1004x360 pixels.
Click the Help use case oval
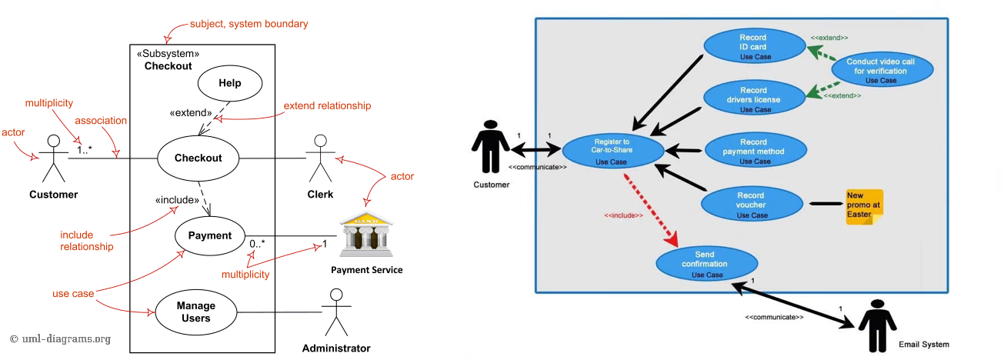tap(230, 84)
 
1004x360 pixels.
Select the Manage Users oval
tap(195, 312)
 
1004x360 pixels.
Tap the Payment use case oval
tap(209, 235)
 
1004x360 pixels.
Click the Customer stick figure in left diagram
tap(53, 160)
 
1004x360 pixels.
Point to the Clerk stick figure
tap(320, 160)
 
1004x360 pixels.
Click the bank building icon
tap(366, 235)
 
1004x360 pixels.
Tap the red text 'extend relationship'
tap(327, 105)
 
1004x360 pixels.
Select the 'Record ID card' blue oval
tap(753, 46)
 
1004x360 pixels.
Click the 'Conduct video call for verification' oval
tap(881, 70)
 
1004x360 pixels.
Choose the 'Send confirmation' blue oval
tap(704, 263)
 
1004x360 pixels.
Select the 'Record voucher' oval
tap(752, 205)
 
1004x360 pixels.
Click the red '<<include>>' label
tap(623, 215)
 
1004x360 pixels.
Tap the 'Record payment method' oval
tap(754, 151)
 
